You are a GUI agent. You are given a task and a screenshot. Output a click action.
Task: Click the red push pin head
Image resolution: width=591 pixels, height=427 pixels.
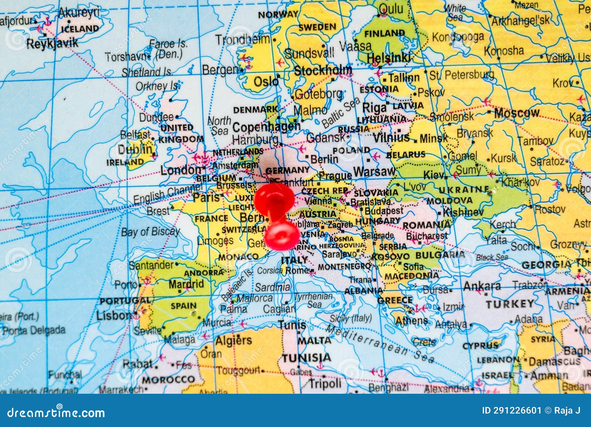click(281, 235)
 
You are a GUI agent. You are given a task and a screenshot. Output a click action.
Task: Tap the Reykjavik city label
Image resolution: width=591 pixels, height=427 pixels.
click(52, 43)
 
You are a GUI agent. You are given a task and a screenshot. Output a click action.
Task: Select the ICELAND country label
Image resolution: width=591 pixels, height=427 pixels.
click(80, 28)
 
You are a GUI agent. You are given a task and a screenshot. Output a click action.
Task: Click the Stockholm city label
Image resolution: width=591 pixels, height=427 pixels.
click(323, 70)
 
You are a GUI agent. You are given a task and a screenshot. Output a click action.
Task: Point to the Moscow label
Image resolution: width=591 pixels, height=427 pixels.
click(517, 113)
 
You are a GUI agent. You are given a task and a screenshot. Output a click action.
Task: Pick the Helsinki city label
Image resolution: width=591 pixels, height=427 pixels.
click(389, 58)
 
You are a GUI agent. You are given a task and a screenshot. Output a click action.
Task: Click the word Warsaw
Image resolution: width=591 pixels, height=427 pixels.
click(374, 171)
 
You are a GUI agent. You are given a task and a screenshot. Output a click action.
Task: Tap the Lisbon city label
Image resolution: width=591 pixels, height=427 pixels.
click(113, 315)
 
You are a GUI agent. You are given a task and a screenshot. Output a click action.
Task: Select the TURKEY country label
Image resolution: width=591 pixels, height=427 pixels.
click(510, 304)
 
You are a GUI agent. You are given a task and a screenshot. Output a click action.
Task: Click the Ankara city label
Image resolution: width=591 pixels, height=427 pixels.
click(482, 286)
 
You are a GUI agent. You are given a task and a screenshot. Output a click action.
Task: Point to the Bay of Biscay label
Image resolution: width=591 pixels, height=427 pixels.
click(150, 232)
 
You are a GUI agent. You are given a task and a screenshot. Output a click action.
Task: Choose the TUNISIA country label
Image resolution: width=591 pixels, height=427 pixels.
click(307, 358)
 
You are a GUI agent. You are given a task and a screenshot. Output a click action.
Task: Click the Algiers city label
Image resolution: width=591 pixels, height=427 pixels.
click(233, 340)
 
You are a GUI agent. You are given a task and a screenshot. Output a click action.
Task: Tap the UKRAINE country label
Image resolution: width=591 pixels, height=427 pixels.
click(464, 190)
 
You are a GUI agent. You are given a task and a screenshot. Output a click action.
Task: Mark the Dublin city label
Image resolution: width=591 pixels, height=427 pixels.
click(135, 150)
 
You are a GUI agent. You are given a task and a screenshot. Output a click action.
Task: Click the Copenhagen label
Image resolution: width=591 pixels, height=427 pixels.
click(266, 127)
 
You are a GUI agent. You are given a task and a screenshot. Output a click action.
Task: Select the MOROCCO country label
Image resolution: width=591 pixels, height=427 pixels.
click(168, 380)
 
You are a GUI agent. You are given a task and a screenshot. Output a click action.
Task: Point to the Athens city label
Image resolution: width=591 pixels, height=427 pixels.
click(411, 321)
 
